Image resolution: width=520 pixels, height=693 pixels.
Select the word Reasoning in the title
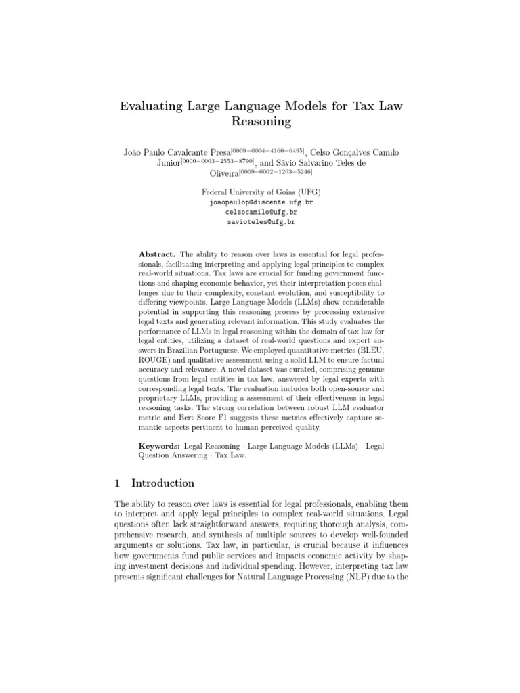tap(261, 122)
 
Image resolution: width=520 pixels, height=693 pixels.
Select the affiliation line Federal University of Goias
tap(261, 192)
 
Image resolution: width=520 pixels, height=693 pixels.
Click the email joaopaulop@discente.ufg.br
tap(261, 202)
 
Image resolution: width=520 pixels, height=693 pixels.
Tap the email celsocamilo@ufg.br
tap(261, 212)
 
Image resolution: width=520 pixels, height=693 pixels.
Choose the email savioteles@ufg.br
tap(261, 221)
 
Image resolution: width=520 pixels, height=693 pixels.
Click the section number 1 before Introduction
tap(118, 483)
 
